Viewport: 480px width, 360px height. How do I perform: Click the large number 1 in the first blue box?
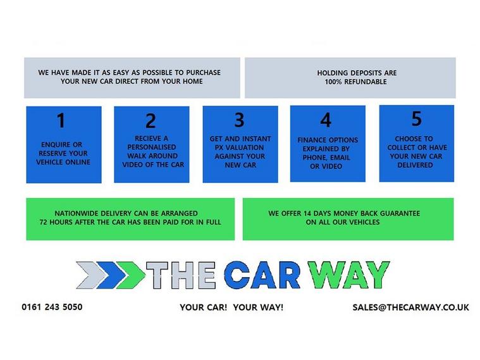[x=61, y=120]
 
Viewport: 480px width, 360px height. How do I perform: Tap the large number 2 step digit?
[x=151, y=121]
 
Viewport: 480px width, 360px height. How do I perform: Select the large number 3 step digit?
[x=239, y=120]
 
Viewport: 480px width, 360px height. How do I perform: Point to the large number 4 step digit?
[x=326, y=120]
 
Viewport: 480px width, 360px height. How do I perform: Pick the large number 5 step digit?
[x=416, y=118]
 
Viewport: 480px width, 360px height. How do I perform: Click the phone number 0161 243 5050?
[x=52, y=307]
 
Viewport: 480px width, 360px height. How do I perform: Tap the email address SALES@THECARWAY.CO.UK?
[x=411, y=307]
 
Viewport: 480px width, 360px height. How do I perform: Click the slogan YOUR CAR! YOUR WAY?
[x=231, y=307]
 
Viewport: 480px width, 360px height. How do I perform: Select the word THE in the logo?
[x=183, y=275]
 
